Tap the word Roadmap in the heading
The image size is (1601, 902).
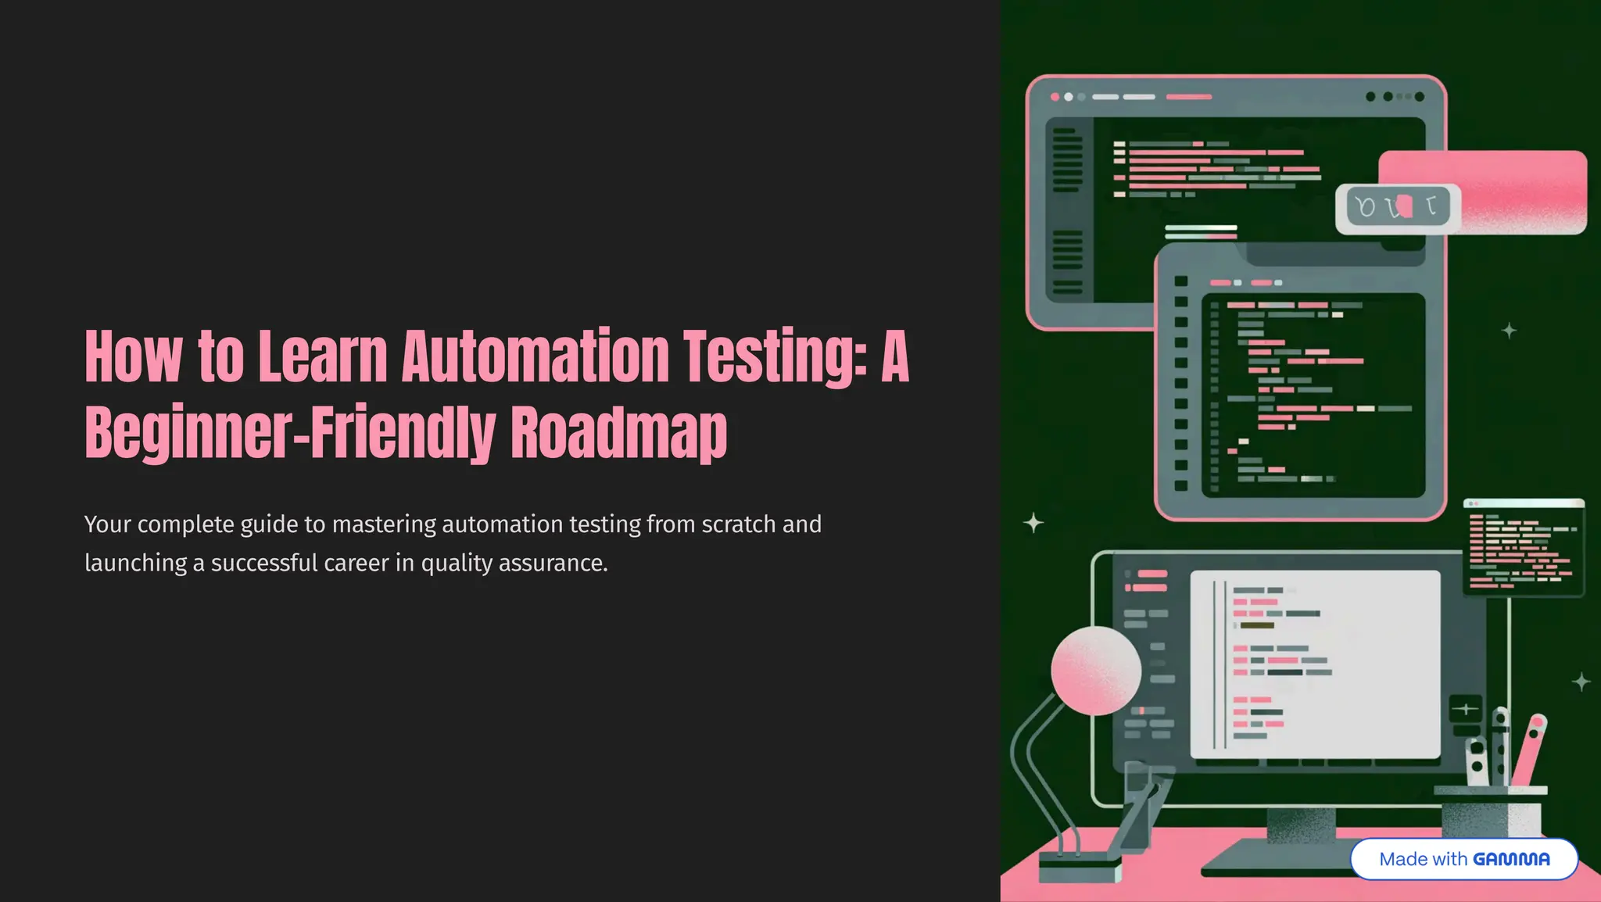click(x=618, y=432)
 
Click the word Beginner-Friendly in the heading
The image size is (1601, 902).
click(x=289, y=432)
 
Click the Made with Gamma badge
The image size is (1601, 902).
click(x=1463, y=859)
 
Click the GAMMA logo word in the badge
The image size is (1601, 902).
click(x=1510, y=859)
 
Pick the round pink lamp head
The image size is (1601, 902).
click(x=1095, y=671)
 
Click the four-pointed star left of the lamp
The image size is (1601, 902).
click(x=1033, y=522)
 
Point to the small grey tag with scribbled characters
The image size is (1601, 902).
click(x=1398, y=208)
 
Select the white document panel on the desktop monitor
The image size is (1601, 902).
click(x=1315, y=664)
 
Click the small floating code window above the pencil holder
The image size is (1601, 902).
click(x=1524, y=547)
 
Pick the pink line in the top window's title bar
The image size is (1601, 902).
click(x=1188, y=97)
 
